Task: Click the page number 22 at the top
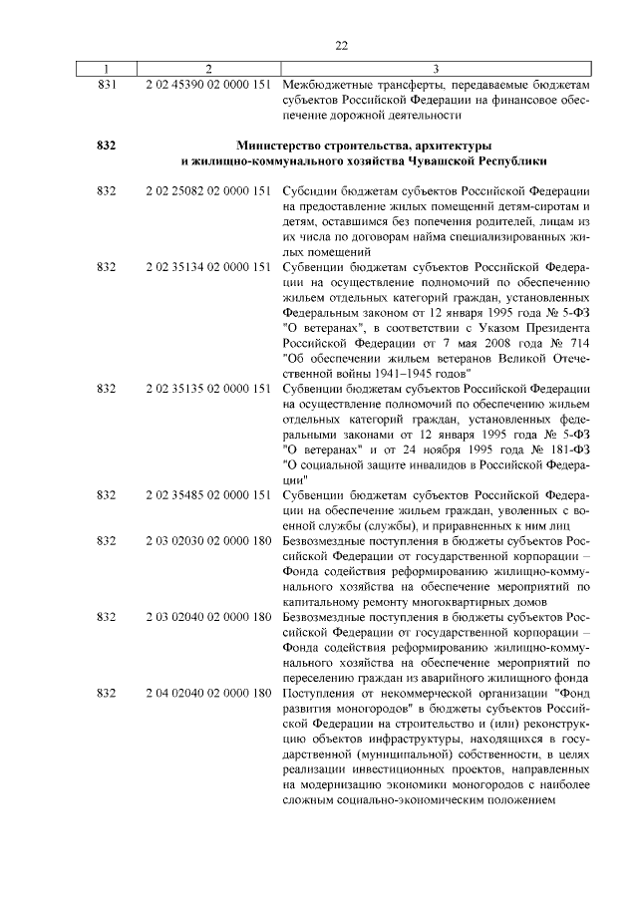[x=340, y=46]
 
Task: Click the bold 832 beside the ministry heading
[x=107, y=146]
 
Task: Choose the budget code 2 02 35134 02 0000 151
[x=208, y=268]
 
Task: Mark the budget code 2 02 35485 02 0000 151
[x=208, y=494]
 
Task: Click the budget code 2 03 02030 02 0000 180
[x=208, y=540]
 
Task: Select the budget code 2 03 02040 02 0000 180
[x=208, y=616]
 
